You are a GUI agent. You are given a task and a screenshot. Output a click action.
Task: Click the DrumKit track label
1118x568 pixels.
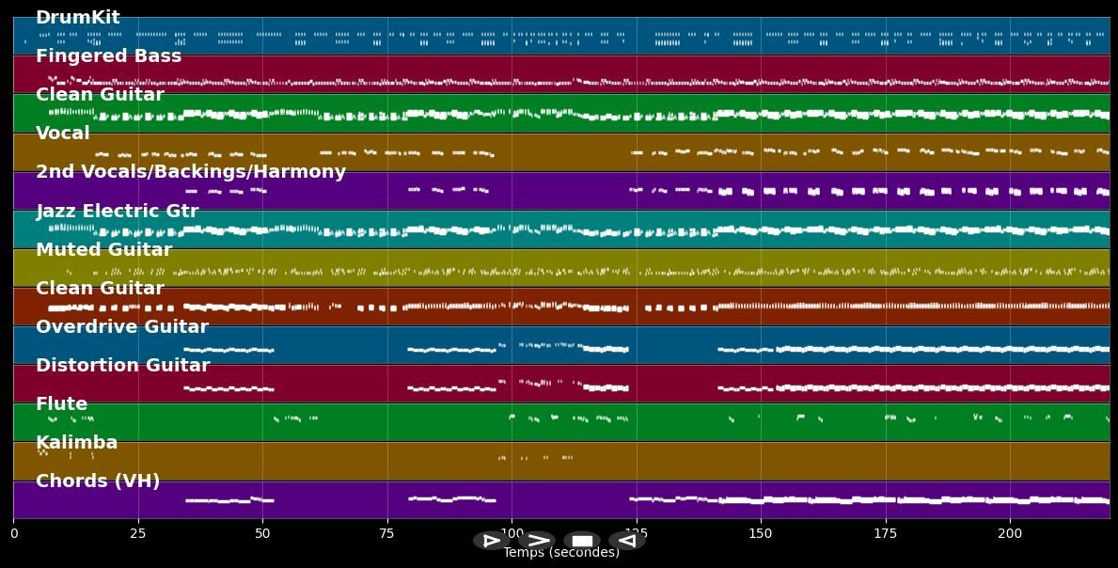(x=78, y=18)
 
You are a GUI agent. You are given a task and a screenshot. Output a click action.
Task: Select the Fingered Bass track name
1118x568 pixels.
(x=109, y=56)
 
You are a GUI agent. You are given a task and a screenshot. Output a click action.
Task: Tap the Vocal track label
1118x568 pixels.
(x=63, y=134)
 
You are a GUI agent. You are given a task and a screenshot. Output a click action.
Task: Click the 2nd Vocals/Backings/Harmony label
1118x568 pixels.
(x=191, y=172)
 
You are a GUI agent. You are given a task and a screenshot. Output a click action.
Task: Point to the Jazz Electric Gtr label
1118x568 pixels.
(x=118, y=212)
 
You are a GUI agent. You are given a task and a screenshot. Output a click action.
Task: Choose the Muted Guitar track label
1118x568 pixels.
(x=104, y=250)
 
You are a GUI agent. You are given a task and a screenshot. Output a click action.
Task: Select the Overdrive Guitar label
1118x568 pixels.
(x=122, y=327)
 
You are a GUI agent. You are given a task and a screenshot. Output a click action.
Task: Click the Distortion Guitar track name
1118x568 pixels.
(x=123, y=366)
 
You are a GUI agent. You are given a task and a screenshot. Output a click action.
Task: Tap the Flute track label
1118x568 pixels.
(x=62, y=404)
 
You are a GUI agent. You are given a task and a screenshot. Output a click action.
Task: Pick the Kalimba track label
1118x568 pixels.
(x=77, y=443)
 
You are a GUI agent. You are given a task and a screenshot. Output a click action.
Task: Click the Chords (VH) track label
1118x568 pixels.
(x=98, y=481)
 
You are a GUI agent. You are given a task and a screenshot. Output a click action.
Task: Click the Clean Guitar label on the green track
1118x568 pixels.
(x=100, y=95)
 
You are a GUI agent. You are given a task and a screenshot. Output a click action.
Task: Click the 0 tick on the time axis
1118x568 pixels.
(x=13, y=534)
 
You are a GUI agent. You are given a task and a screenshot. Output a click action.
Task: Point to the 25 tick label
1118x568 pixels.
(x=138, y=534)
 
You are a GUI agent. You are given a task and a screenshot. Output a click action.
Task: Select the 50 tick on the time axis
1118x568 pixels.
(x=262, y=534)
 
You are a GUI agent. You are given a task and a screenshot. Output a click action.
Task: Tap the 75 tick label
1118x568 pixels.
(x=387, y=534)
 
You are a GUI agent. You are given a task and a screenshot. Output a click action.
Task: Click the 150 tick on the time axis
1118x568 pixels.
(x=761, y=534)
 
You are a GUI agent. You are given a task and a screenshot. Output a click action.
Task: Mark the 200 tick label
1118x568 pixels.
(x=1010, y=534)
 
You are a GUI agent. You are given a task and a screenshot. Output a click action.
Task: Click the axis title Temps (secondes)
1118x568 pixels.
(x=561, y=553)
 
